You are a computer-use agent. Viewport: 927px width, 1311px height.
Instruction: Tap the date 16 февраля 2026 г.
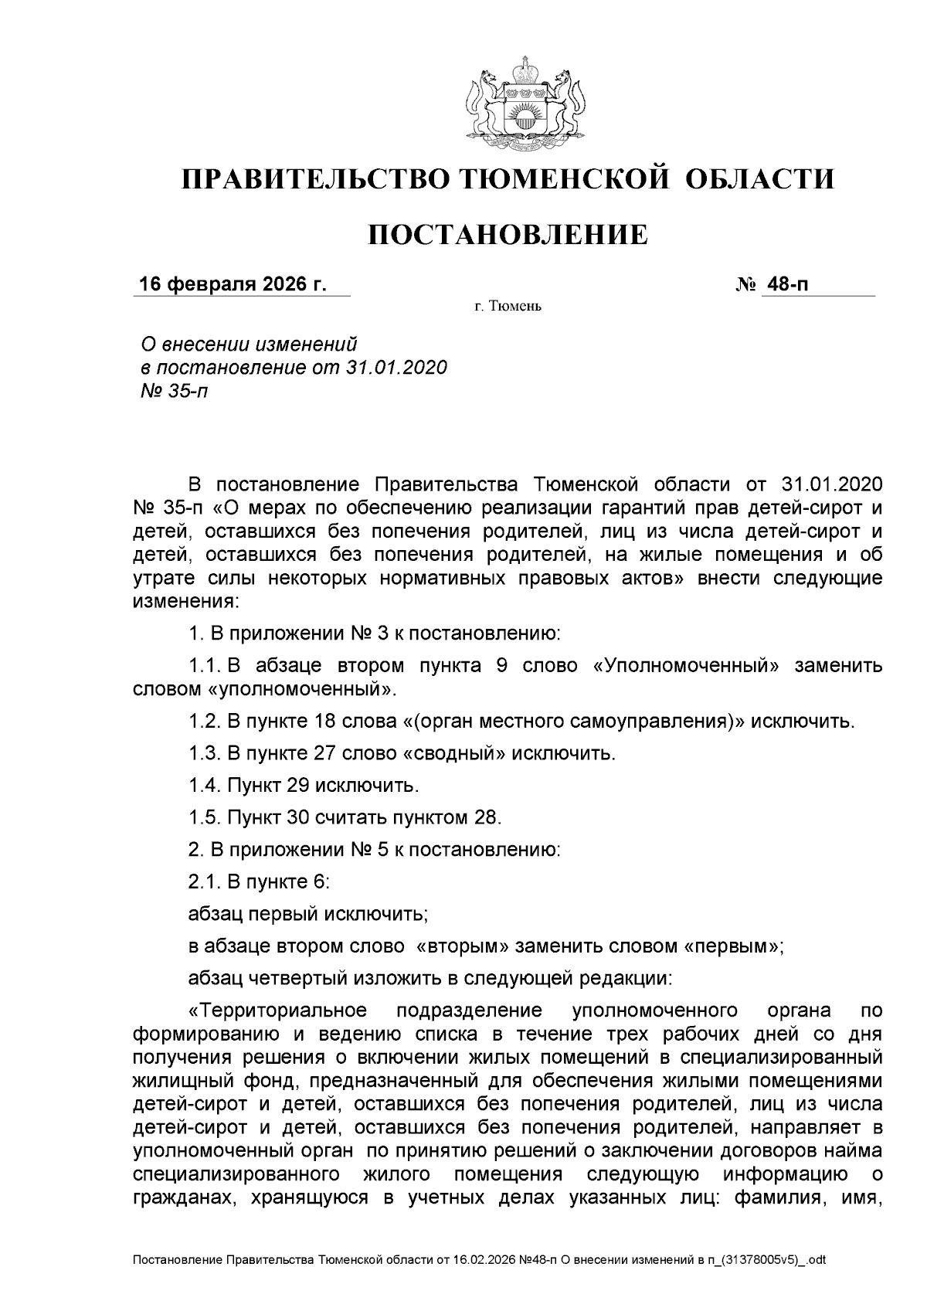coord(232,284)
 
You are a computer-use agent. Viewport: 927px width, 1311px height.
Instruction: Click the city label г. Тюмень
coord(508,307)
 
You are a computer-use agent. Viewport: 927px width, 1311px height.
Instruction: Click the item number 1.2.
coord(205,722)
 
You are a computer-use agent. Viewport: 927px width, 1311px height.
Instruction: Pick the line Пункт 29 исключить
coord(304,786)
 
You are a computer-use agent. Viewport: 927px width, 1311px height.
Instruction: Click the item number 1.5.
coord(205,817)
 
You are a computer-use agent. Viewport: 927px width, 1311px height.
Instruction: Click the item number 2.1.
coord(205,882)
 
